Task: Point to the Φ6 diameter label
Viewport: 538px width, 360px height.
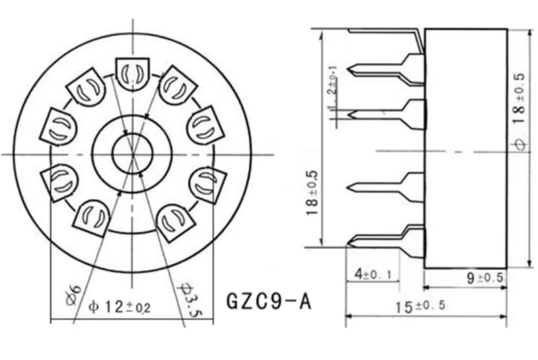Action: [x=75, y=293]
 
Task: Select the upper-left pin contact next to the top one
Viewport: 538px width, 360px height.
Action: [x=86, y=86]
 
